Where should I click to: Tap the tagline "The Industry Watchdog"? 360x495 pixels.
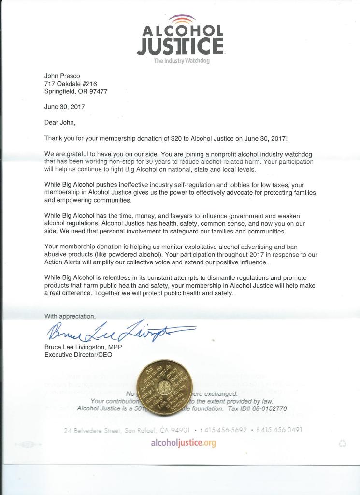click(182, 61)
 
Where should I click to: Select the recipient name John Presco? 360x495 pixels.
click(62, 76)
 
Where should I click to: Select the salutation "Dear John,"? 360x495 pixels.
click(60, 122)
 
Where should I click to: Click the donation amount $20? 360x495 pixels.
click(176, 138)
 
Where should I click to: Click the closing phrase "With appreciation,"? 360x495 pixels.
click(70, 316)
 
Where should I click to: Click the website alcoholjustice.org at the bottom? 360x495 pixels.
click(183, 443)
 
